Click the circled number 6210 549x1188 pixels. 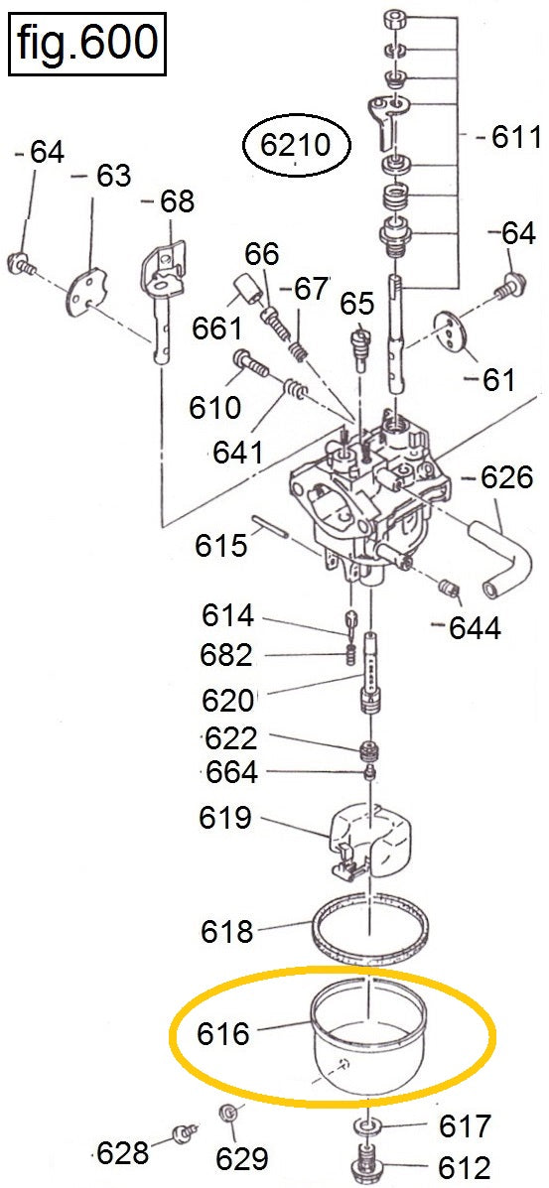point(297,145)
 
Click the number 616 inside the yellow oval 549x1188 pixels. point(223,1033)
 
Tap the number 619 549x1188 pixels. point(225,818)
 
